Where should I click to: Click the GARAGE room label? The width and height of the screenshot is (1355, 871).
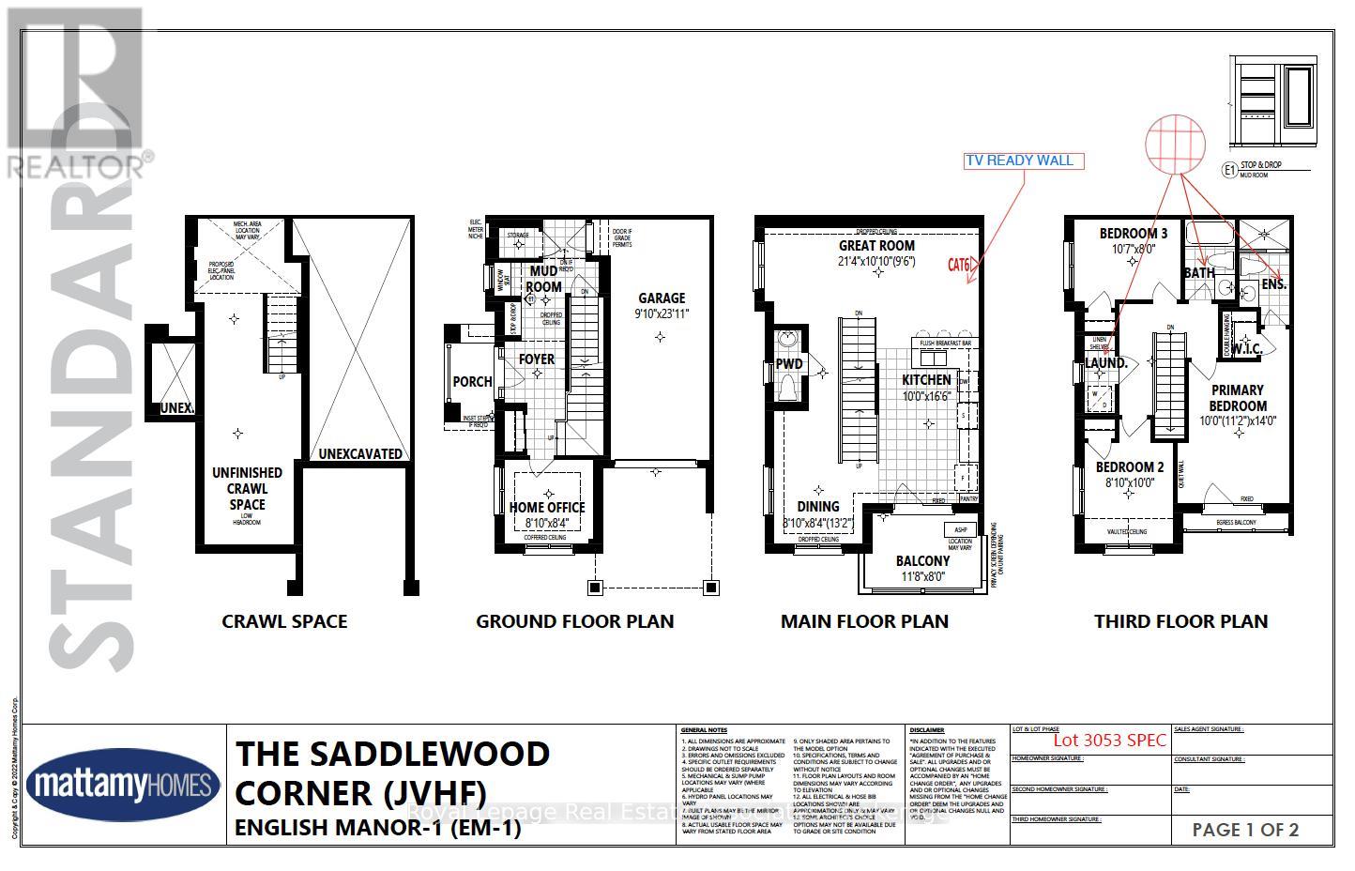[662, 298]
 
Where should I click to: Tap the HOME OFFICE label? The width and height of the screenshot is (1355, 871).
[547, 508]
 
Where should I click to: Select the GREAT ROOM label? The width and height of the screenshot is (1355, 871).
[876, 246]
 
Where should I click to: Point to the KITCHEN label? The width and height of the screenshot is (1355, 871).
[926, 380]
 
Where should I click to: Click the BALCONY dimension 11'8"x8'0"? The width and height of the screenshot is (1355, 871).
[922, 577]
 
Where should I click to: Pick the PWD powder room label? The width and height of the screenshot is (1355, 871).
[789, 364]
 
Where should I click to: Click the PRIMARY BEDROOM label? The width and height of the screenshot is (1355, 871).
[1237, 398]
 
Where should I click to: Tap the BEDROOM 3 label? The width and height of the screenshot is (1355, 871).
[1134, 234]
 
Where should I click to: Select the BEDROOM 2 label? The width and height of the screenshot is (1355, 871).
[1130, 467]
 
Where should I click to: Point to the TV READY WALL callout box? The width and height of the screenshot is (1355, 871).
[1019, 160]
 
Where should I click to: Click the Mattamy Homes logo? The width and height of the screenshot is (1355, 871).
[123, 785]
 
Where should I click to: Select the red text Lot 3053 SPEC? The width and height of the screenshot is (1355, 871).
[1109, 740]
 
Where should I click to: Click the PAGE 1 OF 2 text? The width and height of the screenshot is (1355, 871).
[1245, 830]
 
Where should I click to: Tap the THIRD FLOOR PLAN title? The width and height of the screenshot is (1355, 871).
[1180, 621]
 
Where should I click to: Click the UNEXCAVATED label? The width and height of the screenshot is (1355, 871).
[360, 454]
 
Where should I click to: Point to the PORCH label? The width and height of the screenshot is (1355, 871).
[472, 382]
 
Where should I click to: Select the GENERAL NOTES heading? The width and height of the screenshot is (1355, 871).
[703, 729]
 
